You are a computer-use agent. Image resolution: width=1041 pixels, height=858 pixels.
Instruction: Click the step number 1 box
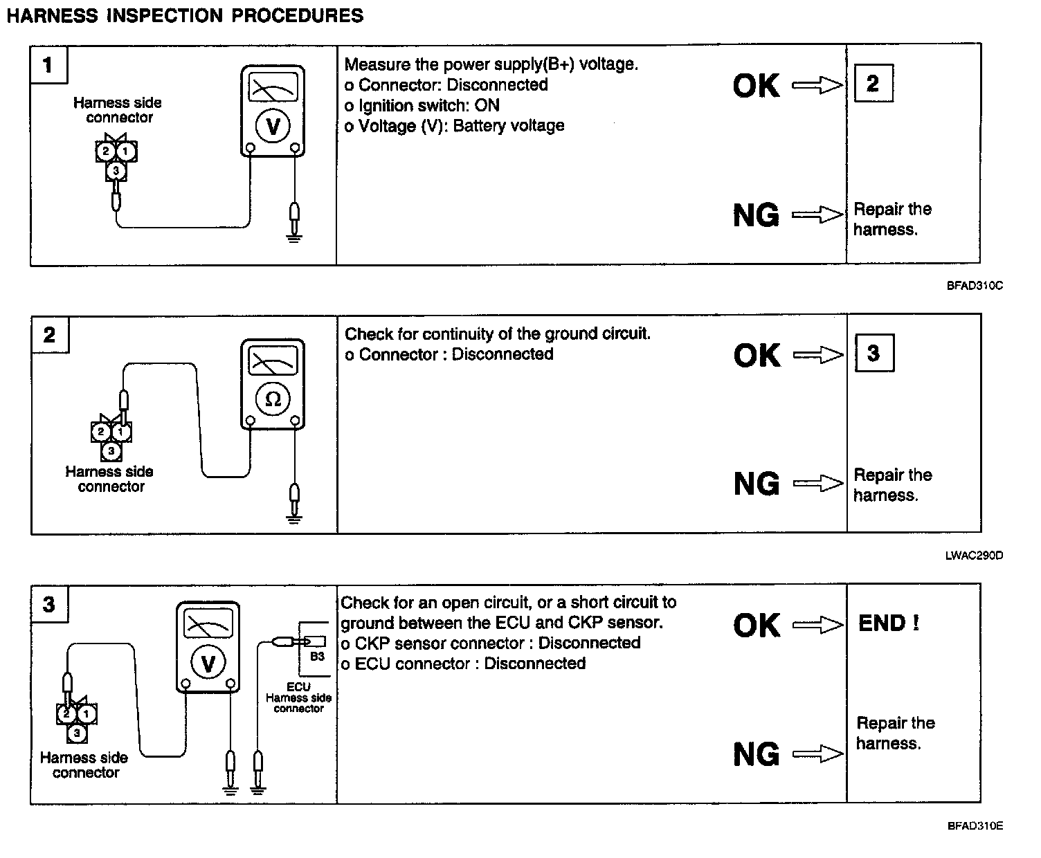point(48,66)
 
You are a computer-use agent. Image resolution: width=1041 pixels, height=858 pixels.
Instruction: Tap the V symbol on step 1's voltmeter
point(273,126)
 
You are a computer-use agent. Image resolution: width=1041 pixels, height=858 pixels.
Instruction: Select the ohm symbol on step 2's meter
point(273,399)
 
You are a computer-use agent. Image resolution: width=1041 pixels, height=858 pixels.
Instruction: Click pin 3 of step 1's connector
point(116,170)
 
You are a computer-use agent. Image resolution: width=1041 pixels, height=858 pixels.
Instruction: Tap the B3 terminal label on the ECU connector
point(317,656)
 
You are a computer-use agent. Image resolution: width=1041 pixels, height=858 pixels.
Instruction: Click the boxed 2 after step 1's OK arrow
point(873,84)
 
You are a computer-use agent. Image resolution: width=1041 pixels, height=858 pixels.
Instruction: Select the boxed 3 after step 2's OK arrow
point(873,353)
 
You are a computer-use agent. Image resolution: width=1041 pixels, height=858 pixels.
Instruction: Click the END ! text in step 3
point(889,623)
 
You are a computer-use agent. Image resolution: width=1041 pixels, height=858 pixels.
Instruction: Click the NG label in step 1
point(756,216)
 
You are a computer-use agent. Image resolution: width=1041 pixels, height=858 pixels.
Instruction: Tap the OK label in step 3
point(757,626)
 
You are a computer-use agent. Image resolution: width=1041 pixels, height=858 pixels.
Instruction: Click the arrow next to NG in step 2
point(818,484)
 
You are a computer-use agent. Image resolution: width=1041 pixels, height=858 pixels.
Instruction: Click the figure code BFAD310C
point(975,285)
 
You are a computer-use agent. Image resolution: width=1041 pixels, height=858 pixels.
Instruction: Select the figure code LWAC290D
point(974,555)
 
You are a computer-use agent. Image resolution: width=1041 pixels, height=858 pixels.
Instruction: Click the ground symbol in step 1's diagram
point(294,239)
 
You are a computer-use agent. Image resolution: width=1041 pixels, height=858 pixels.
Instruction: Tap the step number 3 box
point(49,605)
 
